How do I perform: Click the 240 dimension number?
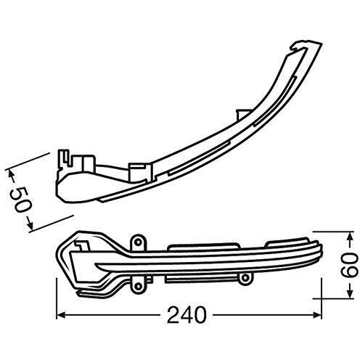[187, 315]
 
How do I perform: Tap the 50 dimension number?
[21, 199]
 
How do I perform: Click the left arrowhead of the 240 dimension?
[60, 315]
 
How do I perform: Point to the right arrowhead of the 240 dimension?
[317, 315]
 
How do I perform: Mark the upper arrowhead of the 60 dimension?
[349, 236]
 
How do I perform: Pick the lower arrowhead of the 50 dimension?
[30, 226]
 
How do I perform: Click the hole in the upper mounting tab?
[138, 242]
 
